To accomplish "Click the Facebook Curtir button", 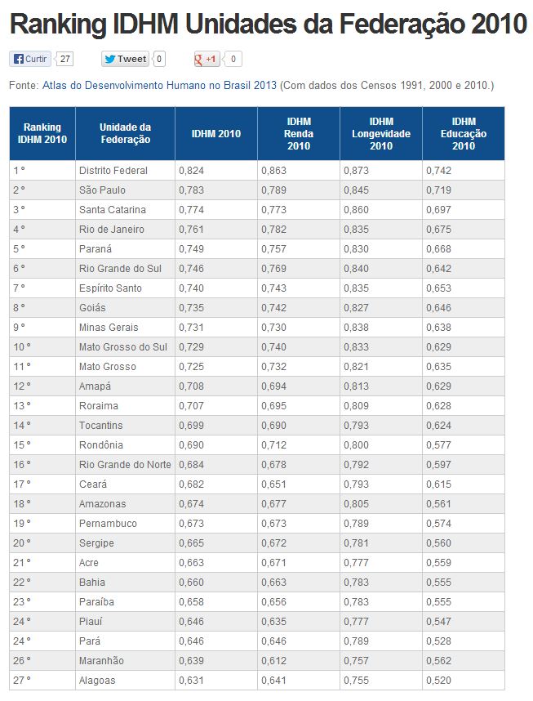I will (x=30, y=59).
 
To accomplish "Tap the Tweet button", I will (x=126, y=59).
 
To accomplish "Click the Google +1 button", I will (x=207, y=59).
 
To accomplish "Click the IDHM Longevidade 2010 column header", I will (x=380, y=134).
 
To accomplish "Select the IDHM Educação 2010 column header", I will (x=463, y=134).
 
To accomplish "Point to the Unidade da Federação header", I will (x=125, y=134).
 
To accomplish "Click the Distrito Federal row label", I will (x=113, y=171).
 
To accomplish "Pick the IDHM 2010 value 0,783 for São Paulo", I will (x=191, y=190).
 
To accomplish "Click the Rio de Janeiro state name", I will (x=112, y=230).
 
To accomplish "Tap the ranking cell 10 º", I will (x=22, y=347).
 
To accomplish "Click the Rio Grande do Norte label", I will (x=125, y=465).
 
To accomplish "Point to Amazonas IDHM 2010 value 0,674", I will (x=191, y=504).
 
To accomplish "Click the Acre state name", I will (x=89, y=563).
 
